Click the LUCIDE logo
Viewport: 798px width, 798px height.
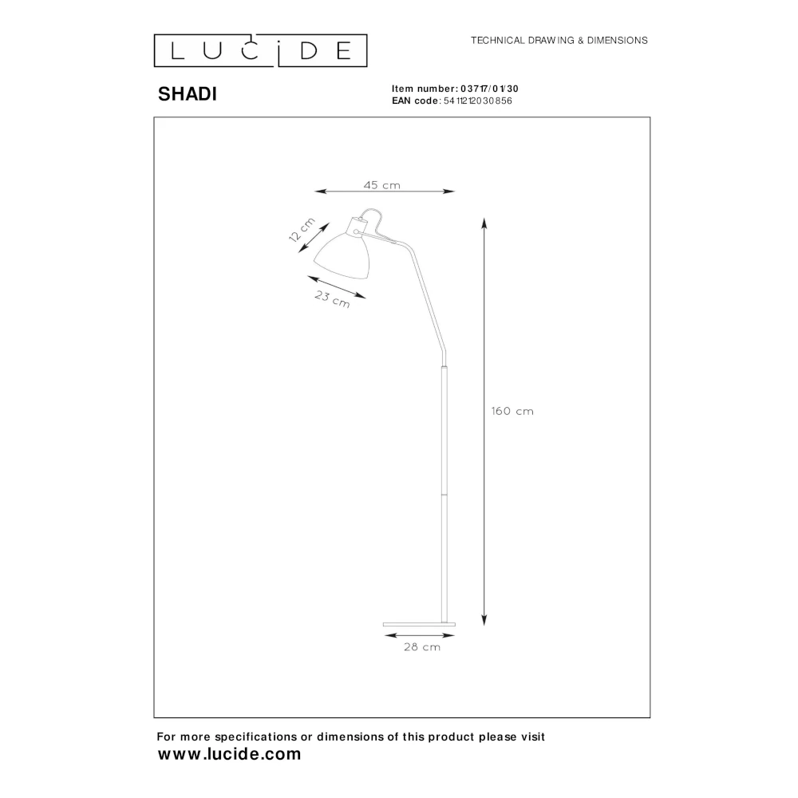(x=260, y=50)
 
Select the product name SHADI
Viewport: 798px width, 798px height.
(x=187, y=94)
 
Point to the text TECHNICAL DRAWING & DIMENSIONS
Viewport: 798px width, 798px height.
(x=559, y=40)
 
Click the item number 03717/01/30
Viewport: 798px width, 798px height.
(x=490, y=89)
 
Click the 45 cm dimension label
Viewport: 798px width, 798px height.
(x=381, y=185)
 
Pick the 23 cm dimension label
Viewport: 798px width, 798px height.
(x=332, y=300)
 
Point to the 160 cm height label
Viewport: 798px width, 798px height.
(x=512, y=412)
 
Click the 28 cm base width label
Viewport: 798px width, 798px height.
(x=422, y=647)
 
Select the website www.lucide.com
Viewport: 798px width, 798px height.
(x=230, y=754)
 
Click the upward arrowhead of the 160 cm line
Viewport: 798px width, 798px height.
(x=484, y=223)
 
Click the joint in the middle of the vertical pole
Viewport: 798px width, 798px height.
(x=444, y=494)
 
